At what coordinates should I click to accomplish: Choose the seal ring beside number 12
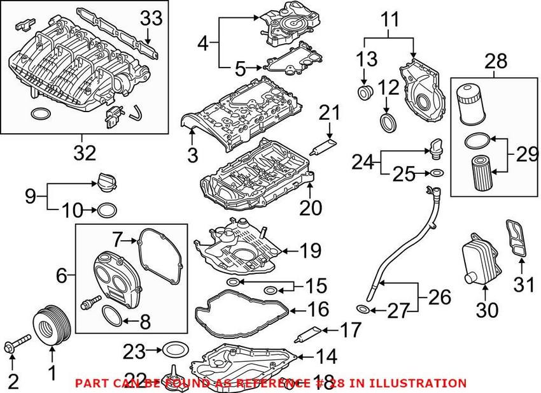[x=387, y=121]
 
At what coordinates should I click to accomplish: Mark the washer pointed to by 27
[x=363, y=310]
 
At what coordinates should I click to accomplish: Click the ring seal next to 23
[x=172, y=350]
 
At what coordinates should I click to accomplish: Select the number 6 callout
[x=62, y=276]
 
